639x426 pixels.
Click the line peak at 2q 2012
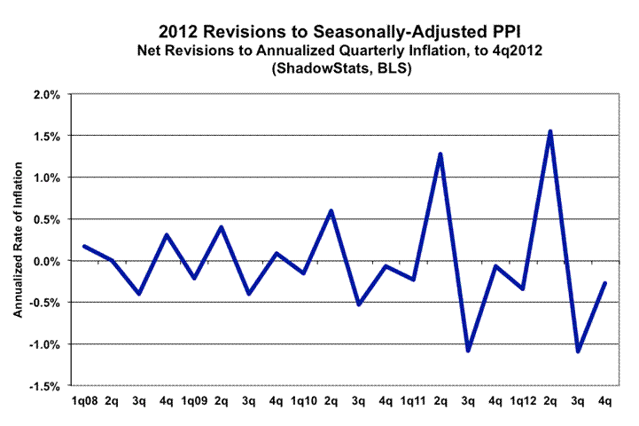coord(550,131)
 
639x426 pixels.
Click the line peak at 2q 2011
coord(440,154)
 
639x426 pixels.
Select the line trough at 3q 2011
coord(468,350)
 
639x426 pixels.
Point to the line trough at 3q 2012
coord(578,351)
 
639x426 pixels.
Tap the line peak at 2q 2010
coord(331,211)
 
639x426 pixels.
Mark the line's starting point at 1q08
coord(83,246)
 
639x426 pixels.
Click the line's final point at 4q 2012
coord(605,283)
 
